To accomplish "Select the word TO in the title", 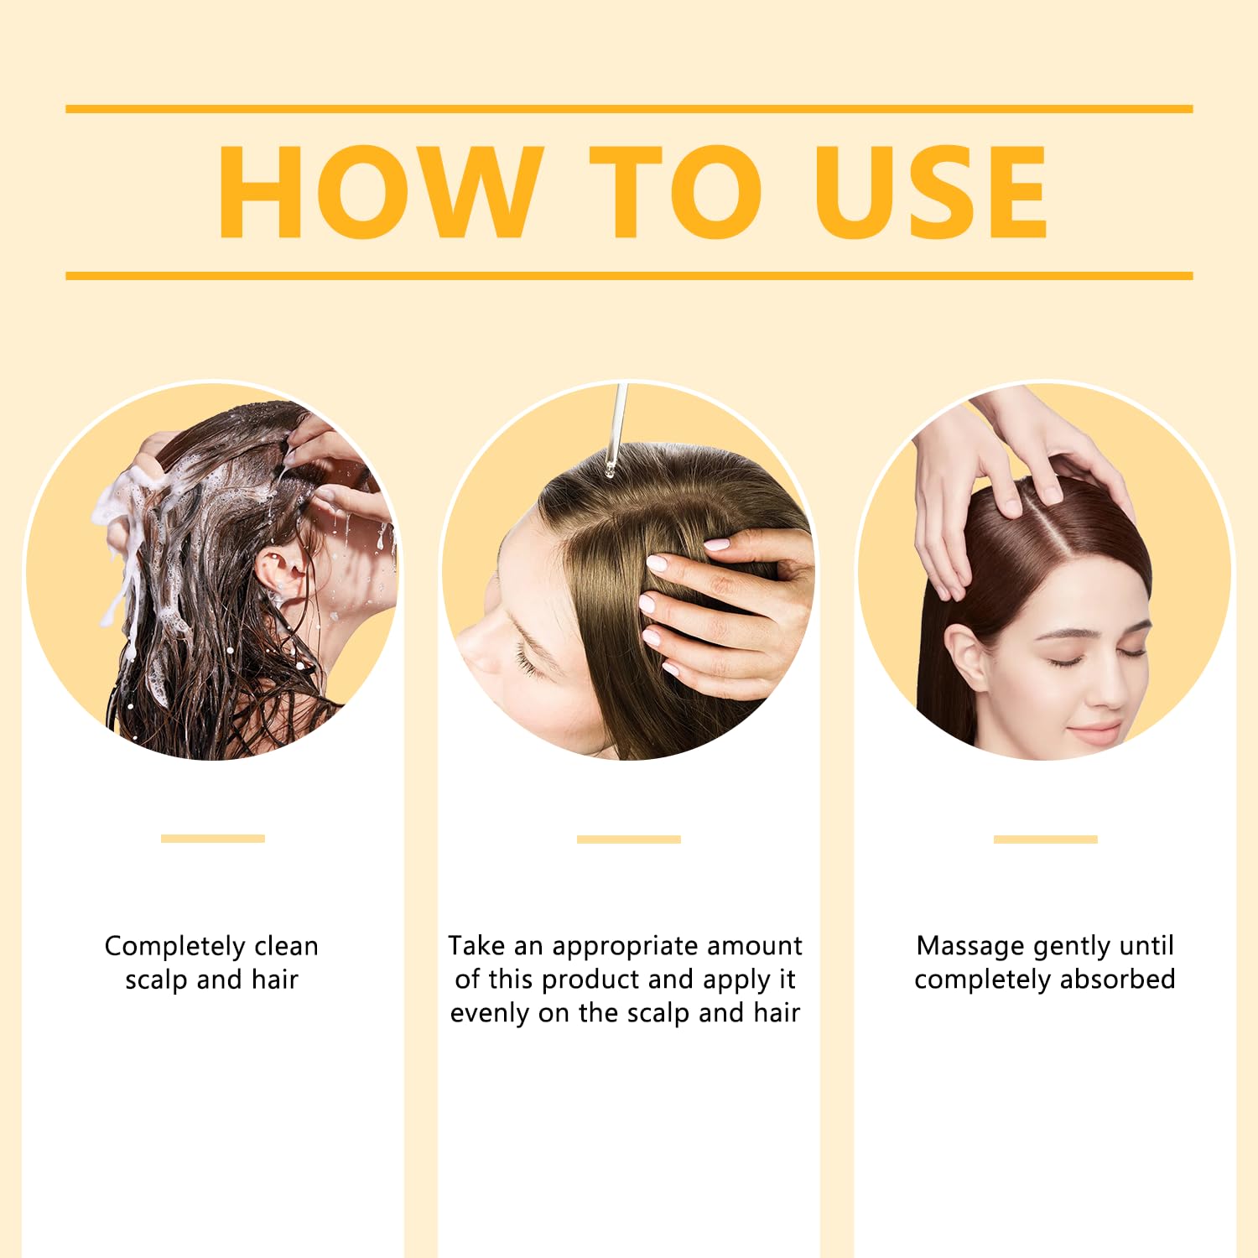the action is click(676, 192).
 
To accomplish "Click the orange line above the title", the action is click(629, 109).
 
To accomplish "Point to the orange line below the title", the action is click(629, 276).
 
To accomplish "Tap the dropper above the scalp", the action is click(616, 428).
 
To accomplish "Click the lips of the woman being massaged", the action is click(1096, 732).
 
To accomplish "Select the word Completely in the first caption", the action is click(175, 947).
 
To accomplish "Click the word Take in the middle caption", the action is click(476, 945).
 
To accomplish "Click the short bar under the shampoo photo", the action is click(213, 839).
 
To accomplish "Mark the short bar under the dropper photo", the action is click(629, 839).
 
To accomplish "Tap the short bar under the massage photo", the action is click(1046, 839).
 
